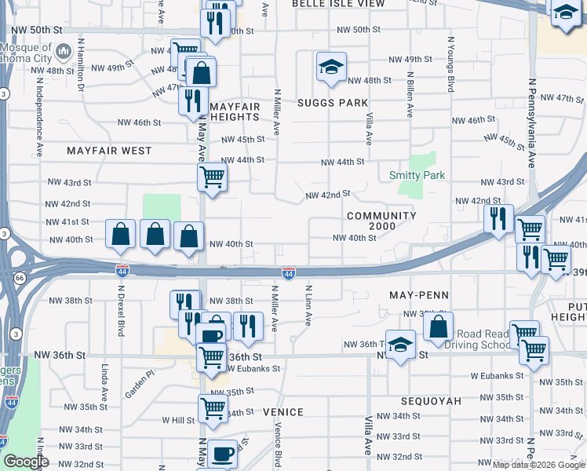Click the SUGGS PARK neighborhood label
(x=333, y=103)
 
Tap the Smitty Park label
(x=417, y=176)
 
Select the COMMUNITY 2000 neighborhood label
(x=381, y=221)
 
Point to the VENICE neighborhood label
(x=283, y=411)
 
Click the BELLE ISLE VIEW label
(x=338, y=4)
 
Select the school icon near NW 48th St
(x=331, y=67)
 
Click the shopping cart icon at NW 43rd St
(x=212, y=177)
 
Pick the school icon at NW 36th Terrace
(x=400, y=346)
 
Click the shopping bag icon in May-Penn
(x=439, y=327)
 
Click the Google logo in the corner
(x=27, y=462)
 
